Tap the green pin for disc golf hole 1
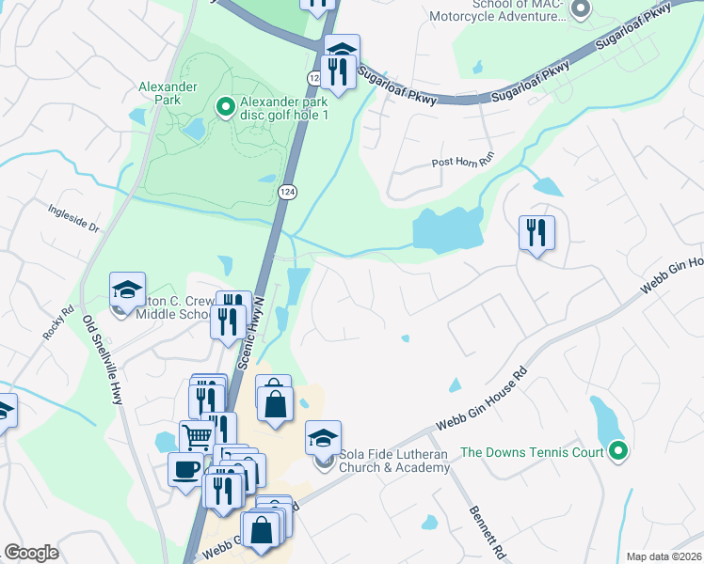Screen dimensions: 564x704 (x=225, y=107)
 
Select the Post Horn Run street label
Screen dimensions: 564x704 (x=462, y=162)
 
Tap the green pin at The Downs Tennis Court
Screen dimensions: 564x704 (x=617, y=452)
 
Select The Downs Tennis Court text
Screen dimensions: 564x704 (x=532, y=452)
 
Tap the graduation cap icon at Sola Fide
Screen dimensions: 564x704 (x=322, y=437)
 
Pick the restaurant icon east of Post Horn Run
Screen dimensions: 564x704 (x=536, y=232)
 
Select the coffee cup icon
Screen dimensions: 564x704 (x=185, y=469)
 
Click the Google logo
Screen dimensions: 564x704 (x=31, y=553)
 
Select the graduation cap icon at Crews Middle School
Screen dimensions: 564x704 (x=127, y=289)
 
